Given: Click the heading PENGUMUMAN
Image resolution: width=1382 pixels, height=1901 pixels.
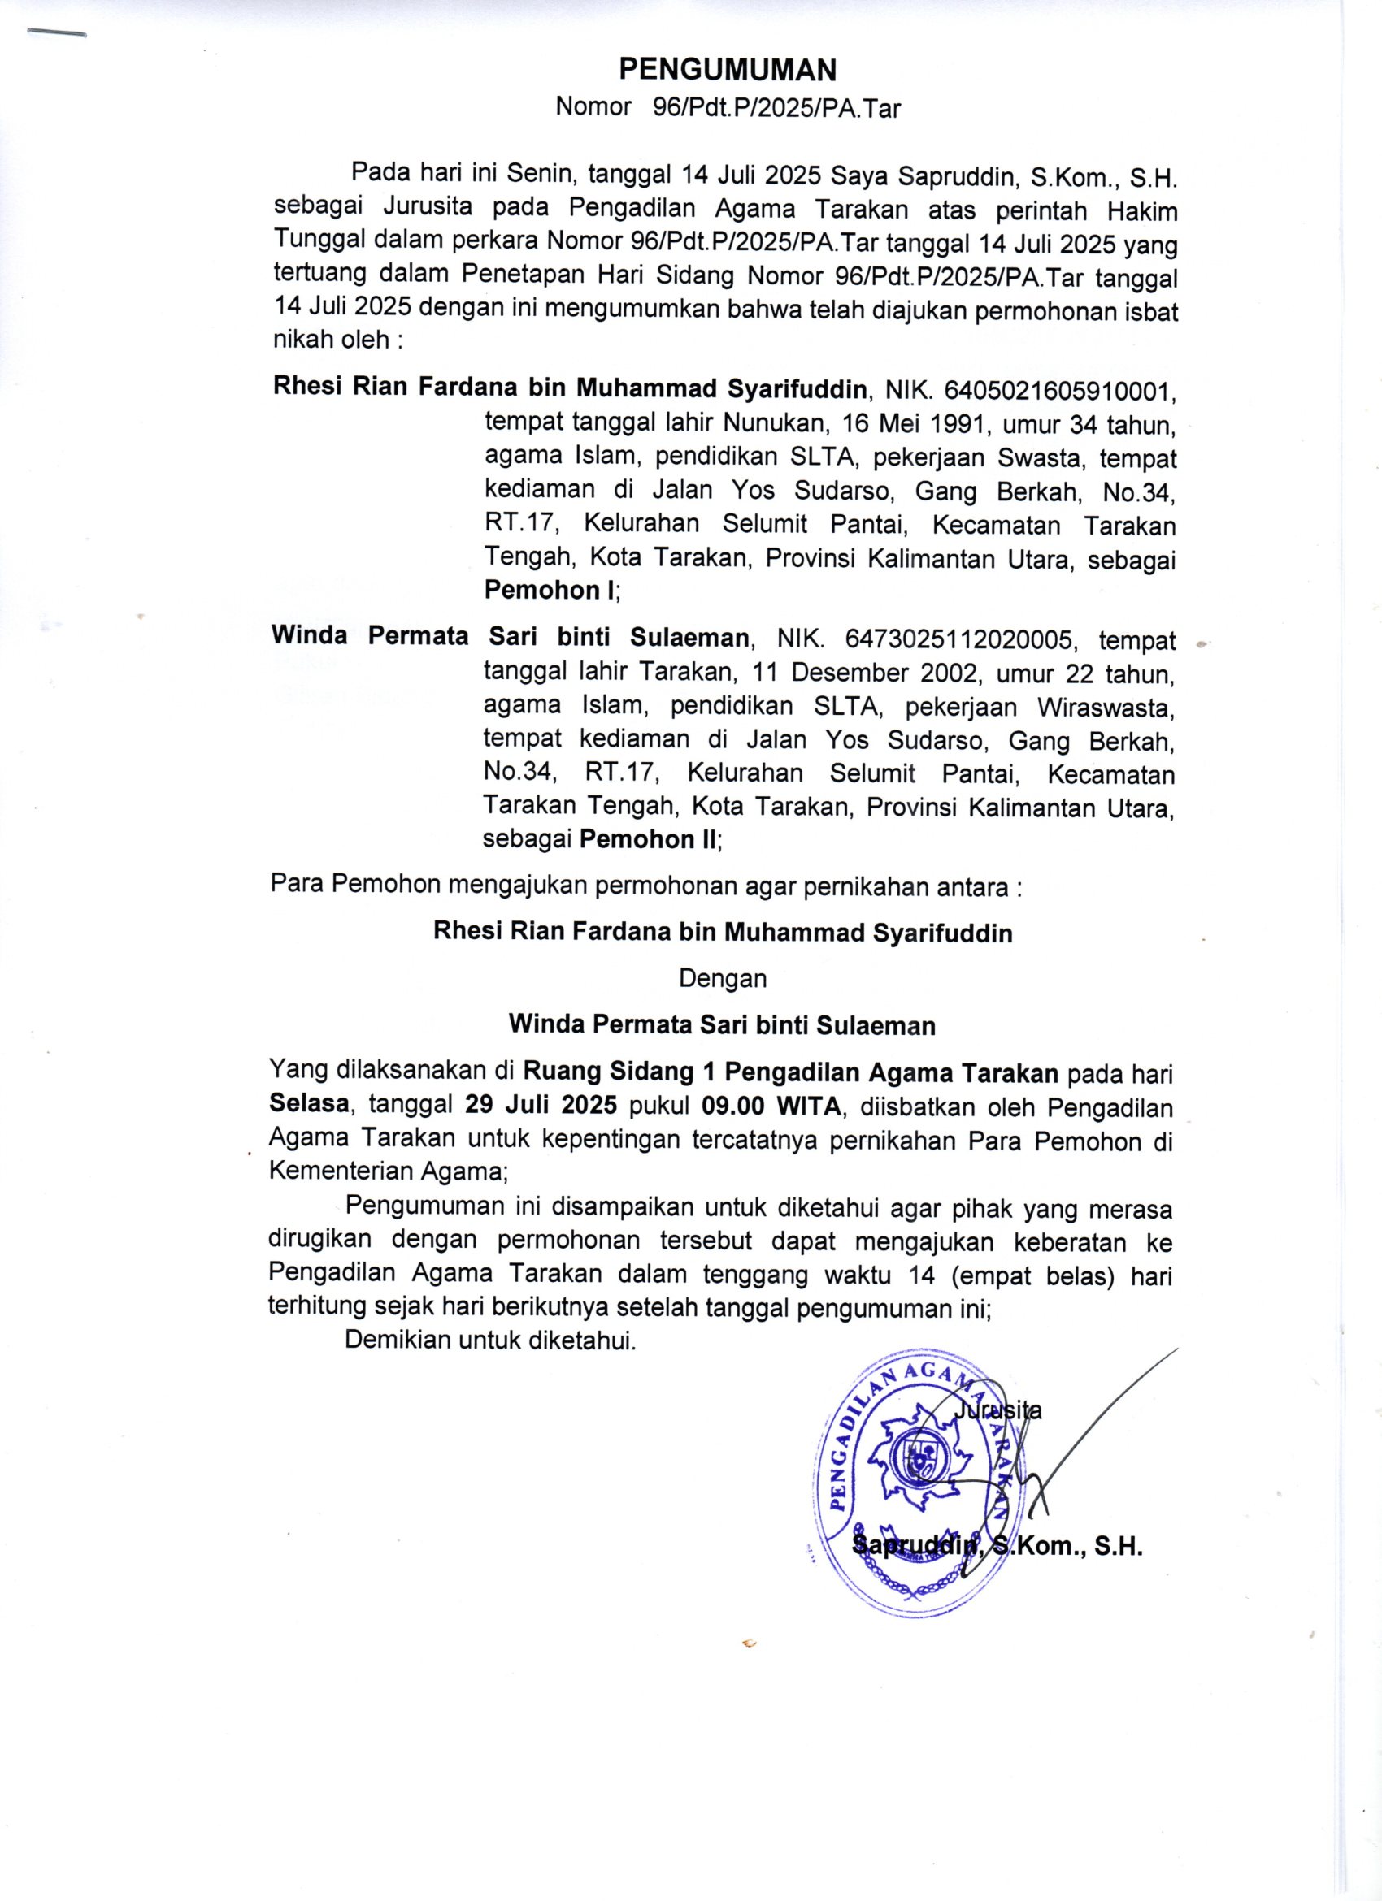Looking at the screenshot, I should (727, 71).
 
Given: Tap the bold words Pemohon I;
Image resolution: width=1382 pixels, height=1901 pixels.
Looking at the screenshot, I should (552, 590).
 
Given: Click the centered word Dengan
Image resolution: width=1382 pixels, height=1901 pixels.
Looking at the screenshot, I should (722, 978).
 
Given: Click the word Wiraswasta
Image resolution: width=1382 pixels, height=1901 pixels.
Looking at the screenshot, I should (1106, 708).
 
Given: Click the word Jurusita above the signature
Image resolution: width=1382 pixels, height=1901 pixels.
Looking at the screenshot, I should (998, 1410).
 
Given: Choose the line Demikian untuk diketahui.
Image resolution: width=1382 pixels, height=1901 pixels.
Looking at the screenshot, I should (490, 1340).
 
